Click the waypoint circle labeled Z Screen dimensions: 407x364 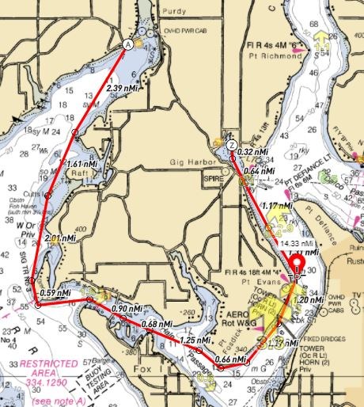[x=230, y=146]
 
